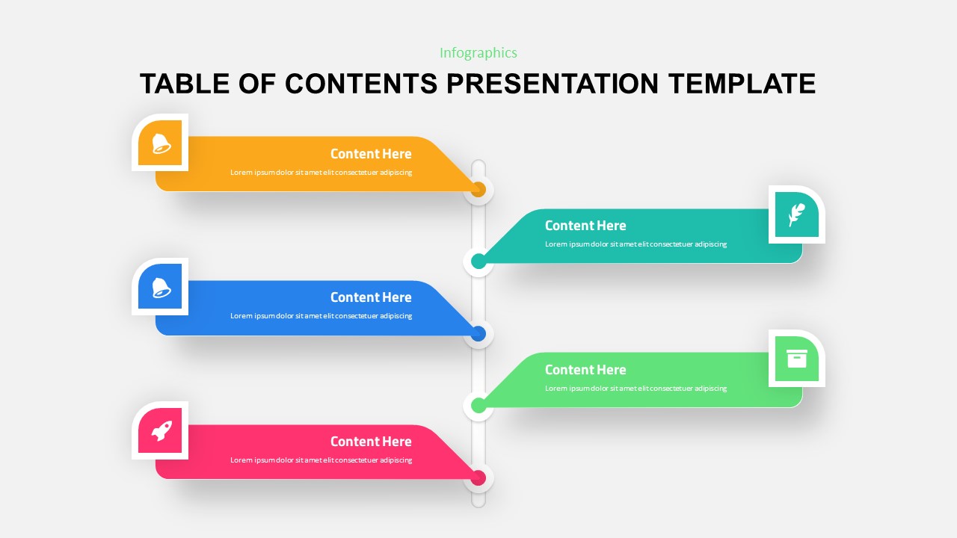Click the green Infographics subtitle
click(x=478, y=53)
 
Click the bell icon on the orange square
click(x=161, y=143)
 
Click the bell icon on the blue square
click(x=161, y=288)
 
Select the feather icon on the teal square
click(x=796, y=215)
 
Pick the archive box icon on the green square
click(x=797, y=359)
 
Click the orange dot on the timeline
click(x=478, y=190)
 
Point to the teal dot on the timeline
click(x=478, y=262)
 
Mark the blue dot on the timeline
click(x=478, y=333)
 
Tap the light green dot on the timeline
click(x=478, y=406)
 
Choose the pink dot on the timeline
click(x=478, y=477)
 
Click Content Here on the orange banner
click(x=371, y=154)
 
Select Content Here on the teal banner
click(x=585, y=226)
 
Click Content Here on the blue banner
click(x=371, y=297)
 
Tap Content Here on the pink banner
click(x=371, y=442)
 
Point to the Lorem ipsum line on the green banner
click(x=636, y=389)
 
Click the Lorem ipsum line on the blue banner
click(x=321, y=316)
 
